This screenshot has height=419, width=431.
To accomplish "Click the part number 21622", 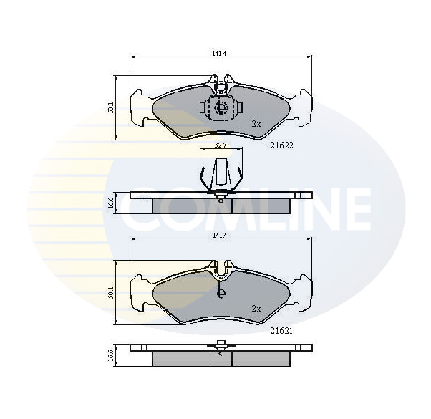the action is pyautogui.click(x=282, y=145).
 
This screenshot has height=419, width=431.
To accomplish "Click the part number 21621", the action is pyautogui.click(x=281, y=331).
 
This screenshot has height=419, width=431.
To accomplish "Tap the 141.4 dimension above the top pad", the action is pyautogui.click(x=219, y=54).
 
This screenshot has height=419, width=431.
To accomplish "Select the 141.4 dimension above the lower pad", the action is pyautogui.click(x=220, y=235).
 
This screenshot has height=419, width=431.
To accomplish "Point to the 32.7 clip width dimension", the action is pyautogui.click(x=221, y=145).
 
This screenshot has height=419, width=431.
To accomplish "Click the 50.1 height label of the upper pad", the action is pyautogui.click(x=110, y=107).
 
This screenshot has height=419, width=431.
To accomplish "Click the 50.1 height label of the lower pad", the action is pyautogui.click(x=110, y=292).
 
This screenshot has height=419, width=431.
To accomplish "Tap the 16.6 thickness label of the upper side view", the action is pyautogui.click(x=111, y=203).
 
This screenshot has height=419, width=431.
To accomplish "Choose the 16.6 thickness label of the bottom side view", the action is pyautogui.click(x=111, y=355).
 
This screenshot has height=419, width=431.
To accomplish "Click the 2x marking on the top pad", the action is pyautogui.click(x=256, y=125).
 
